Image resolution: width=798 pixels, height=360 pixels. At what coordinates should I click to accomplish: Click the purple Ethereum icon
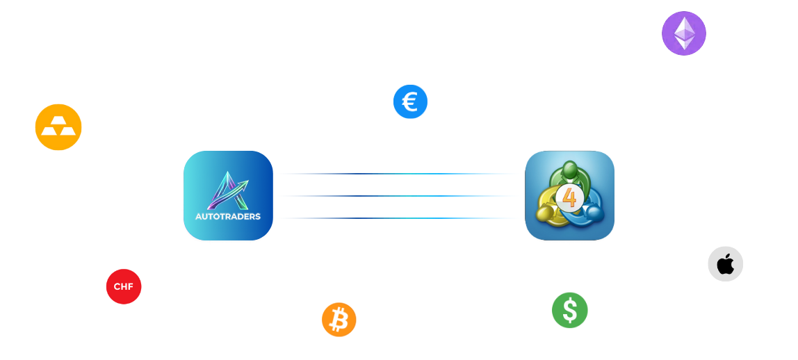tap(683, 33)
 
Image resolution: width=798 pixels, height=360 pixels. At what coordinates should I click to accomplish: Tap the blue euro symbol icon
tap(409, 101)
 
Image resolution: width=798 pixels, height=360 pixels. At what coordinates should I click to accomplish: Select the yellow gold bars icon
tap(58, 128)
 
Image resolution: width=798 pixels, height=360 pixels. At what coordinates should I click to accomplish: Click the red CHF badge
tap(124, 286)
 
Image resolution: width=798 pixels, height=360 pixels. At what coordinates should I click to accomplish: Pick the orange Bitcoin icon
tap(339, 320)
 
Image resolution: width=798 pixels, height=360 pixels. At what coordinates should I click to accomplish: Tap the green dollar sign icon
tap(570, 310)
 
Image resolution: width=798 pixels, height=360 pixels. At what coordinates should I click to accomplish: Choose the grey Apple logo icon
tap(725, 264)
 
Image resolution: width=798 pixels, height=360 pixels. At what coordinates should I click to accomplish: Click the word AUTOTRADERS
tap(228, 216)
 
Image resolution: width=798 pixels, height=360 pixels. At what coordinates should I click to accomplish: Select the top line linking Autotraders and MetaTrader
tap(398, 174)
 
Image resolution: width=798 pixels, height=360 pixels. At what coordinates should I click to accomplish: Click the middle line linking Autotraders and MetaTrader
tap(398, 196)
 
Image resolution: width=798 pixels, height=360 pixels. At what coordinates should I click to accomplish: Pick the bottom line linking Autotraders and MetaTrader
tap(398, 218)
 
